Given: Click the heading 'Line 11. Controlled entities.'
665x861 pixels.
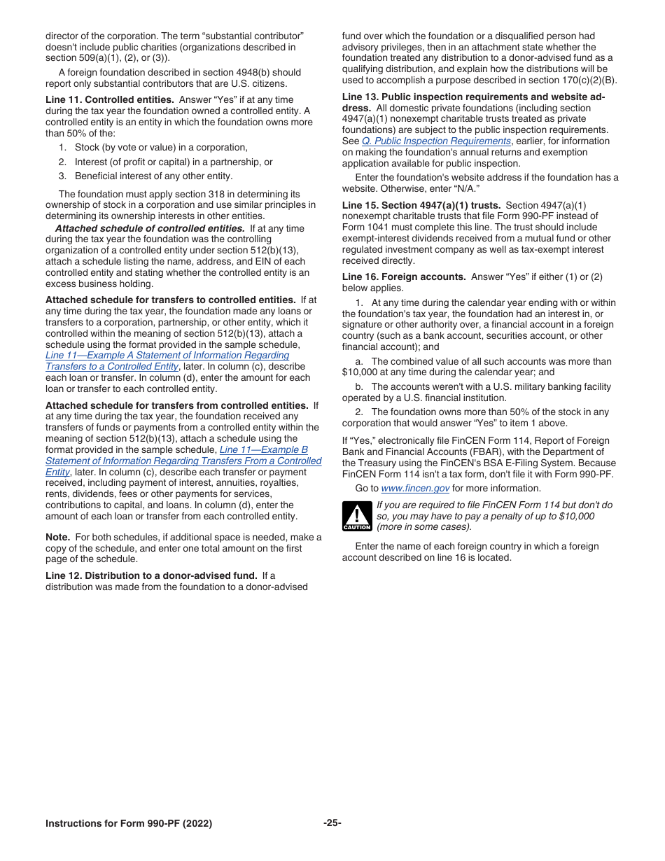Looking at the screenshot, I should point(110,100).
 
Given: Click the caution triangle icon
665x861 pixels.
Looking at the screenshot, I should point(356,517).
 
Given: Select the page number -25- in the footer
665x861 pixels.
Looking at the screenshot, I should point(332,823).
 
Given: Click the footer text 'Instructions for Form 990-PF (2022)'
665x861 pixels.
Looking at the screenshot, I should point(129,824).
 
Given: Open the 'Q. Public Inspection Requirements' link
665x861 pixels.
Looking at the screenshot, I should point(436,141).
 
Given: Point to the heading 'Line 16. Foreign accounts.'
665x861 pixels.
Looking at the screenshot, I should point(404,276).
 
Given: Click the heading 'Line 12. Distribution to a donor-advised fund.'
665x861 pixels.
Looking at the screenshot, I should point(151,575).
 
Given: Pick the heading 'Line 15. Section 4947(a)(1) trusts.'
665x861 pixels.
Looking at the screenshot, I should point(421,205).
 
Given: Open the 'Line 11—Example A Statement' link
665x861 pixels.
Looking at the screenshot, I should point(167,356).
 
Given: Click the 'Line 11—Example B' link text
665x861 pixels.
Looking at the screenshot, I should point(263,450).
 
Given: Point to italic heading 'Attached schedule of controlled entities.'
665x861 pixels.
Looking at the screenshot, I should point(150,228).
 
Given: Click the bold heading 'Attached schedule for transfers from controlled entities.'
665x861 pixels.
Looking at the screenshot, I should point(176,405).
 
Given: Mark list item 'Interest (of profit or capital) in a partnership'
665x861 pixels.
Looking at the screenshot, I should point(174,162).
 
